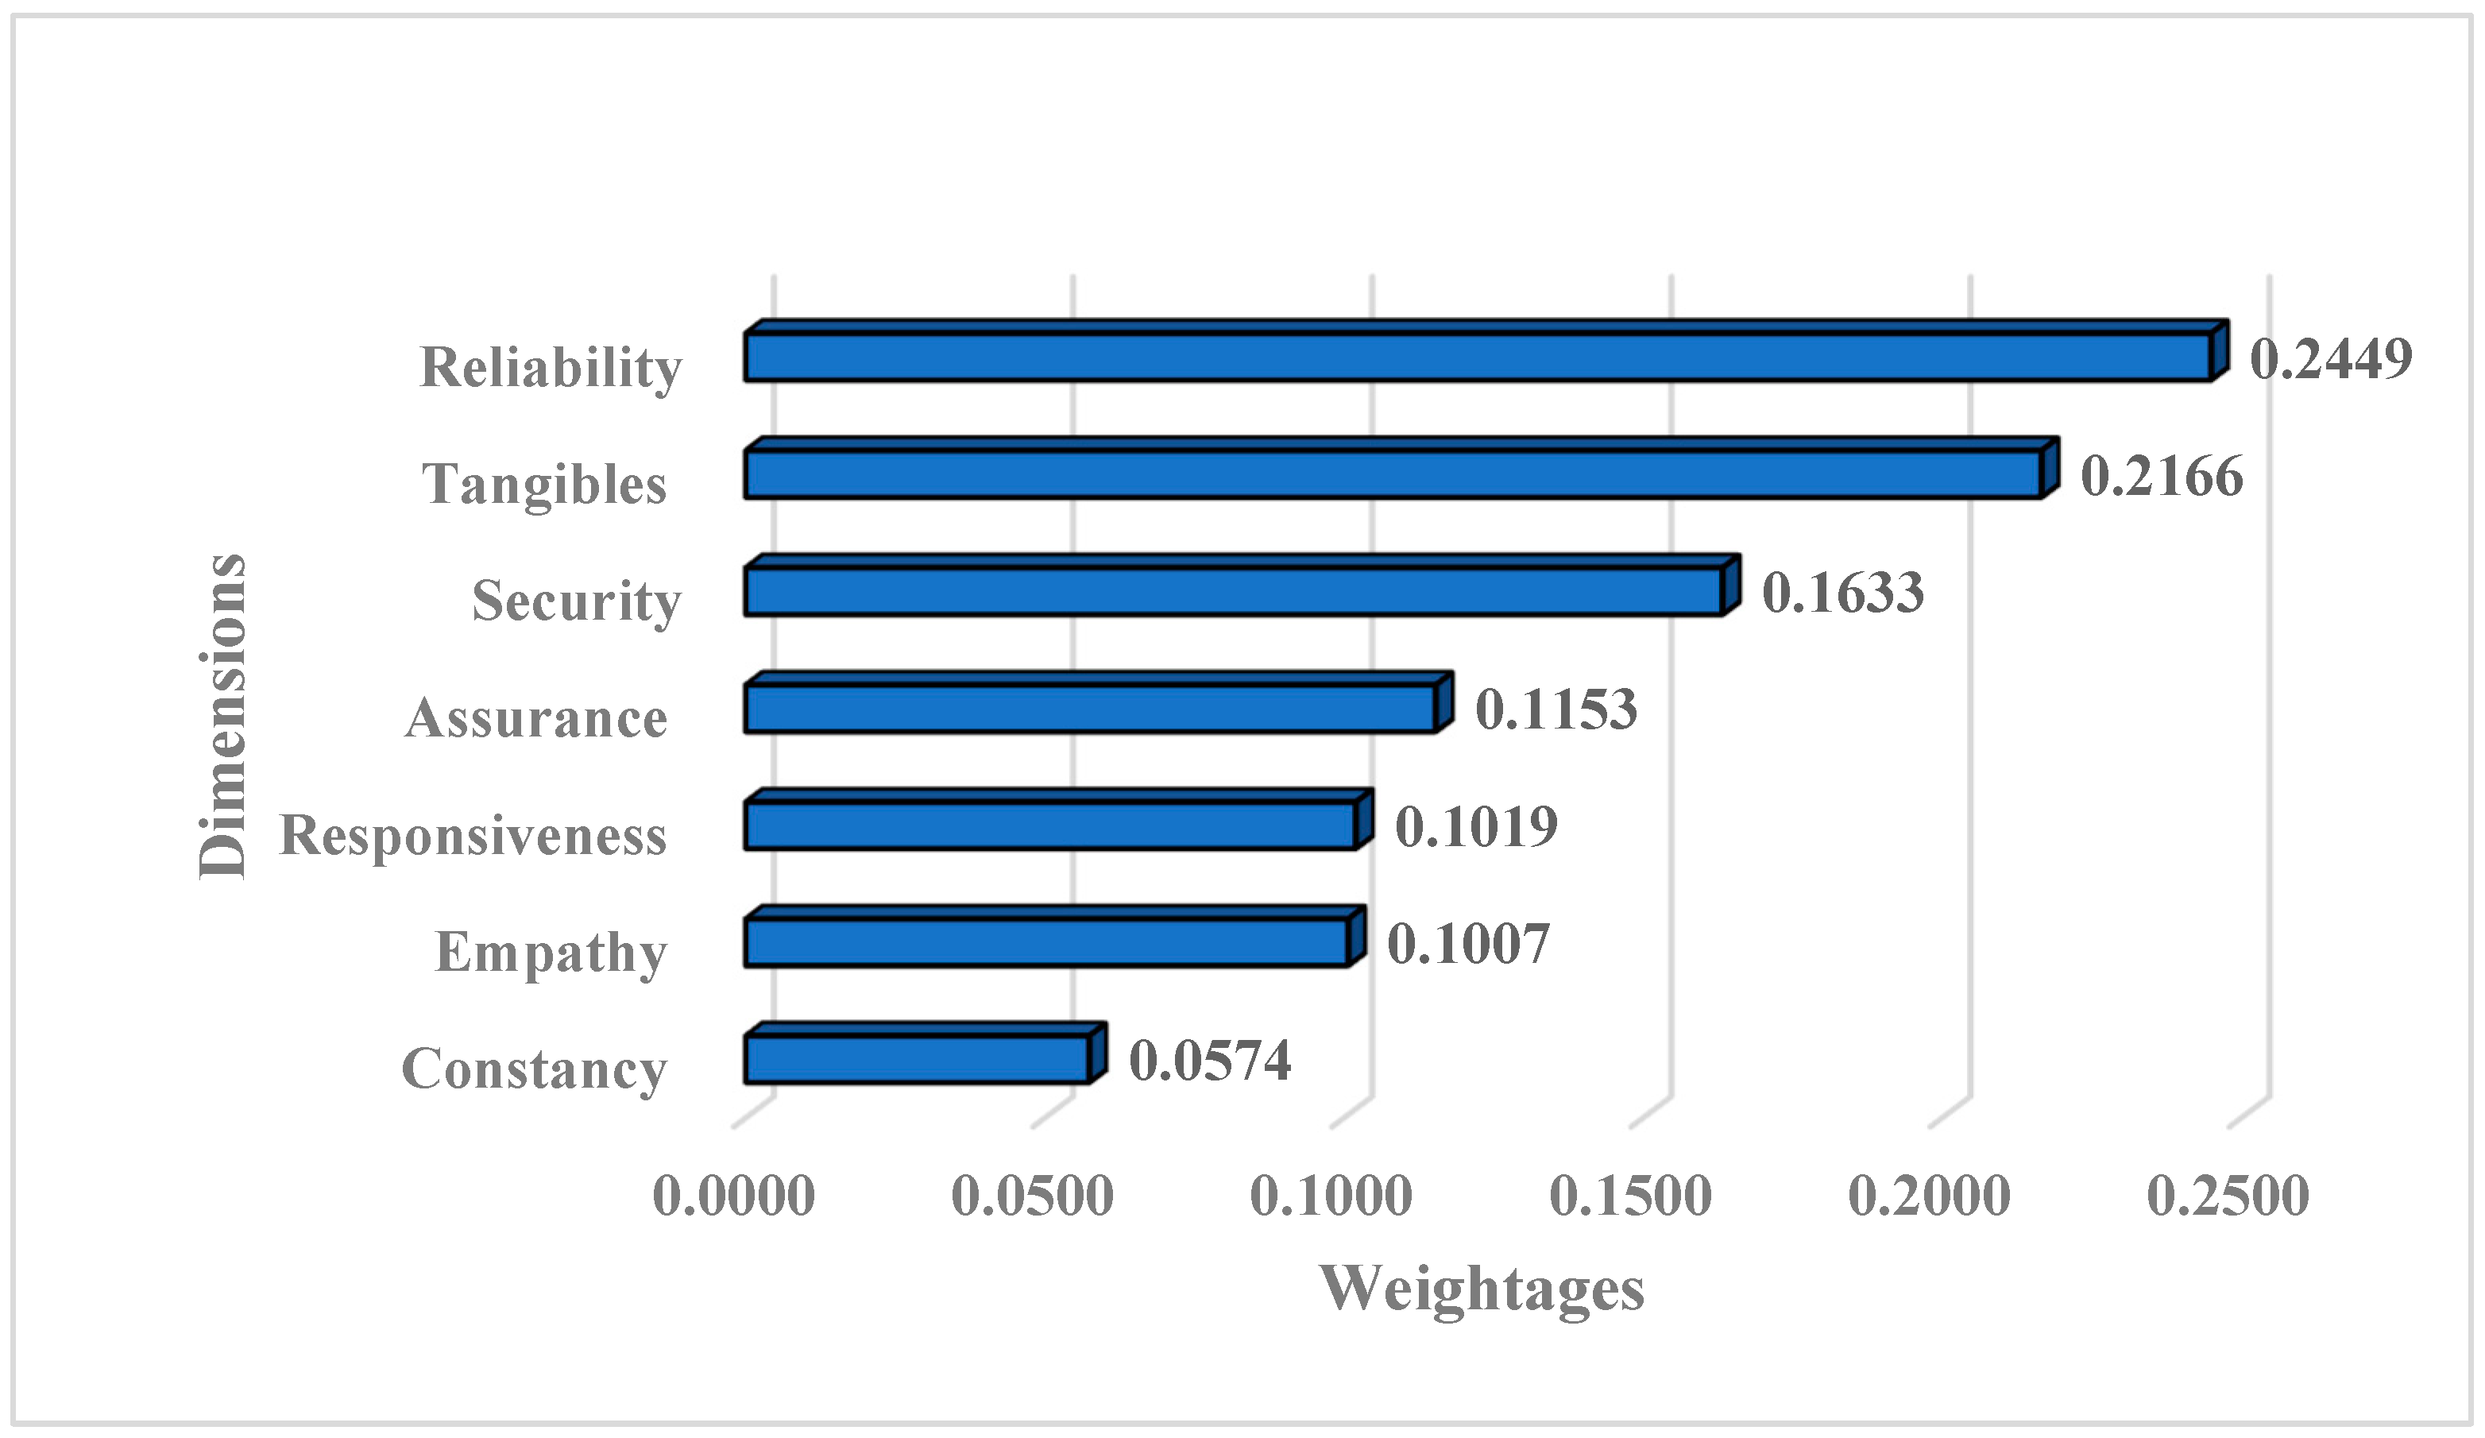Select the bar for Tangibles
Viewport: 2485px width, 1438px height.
pyautogui.click(x=1393, y=474)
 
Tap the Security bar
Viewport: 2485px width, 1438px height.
pyautogui.click(x=1233, y=592)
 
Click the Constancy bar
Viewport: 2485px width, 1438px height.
pyautogui.click(x=917, y=1059)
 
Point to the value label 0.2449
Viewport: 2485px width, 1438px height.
pyautogui.click(x=2330, y=358)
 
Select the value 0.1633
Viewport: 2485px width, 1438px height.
pyautogui.click(x=1842, y=593)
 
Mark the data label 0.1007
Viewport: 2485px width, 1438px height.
pyautogui.click(x=1468, y=943)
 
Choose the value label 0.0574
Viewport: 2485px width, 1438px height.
pyautogui.click(x=1210, y=1061)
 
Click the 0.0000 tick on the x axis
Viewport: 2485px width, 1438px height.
pyautogui.click(x=734, y=1196)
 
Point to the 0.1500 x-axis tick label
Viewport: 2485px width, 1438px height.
pyautogui.click(x=1630, y=1196)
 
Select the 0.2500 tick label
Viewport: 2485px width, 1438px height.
pyautogui.click(x=2228, y=1196)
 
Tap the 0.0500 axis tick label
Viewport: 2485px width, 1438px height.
pyautogui.click(x=1033, y=1196)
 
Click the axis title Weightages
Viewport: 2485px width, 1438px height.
pyautogui.click(x=1482, y=1288)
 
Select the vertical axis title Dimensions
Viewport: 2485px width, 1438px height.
pyautogui.click(x=223, y=716)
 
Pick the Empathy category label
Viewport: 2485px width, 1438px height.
pyautogui.click(x=551, y=953)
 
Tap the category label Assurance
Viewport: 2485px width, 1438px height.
pyautogui.click(x=536, y=718)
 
